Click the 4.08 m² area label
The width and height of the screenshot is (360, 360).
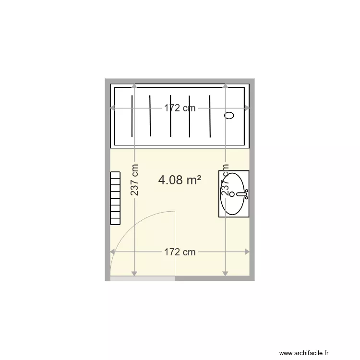[180, 180]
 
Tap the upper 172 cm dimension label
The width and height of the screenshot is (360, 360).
[180, 108]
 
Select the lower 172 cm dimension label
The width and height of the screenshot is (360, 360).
[180, 252]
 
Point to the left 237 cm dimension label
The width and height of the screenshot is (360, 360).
[135, 180]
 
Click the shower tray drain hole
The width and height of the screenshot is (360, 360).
[229, 115]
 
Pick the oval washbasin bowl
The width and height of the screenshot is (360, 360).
[234, 193]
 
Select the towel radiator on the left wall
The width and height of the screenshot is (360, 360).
[115, 198]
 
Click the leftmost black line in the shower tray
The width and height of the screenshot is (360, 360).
[131, 116]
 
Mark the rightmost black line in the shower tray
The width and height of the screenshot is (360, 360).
[210, 116]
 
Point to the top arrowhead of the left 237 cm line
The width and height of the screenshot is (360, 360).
[134, 86]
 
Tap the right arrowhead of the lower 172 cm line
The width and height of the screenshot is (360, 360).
[247, 252]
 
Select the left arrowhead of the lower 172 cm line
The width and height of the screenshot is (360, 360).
[113, 252]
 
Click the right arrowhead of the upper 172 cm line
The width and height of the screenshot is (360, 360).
[247, 108]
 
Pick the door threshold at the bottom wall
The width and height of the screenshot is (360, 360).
[142, 278]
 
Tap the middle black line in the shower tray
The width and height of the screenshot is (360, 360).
[170, 116]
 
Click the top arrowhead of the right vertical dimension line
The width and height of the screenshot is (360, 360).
[226, 86]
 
